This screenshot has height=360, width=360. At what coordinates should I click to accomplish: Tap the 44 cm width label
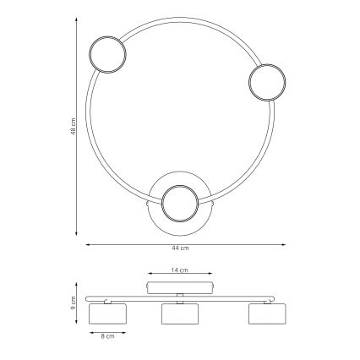coord(179,248)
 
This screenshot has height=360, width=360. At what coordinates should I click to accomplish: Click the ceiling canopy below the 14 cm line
coord(180,287)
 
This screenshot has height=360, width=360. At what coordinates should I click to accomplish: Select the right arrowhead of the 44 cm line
coord(285,244)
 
